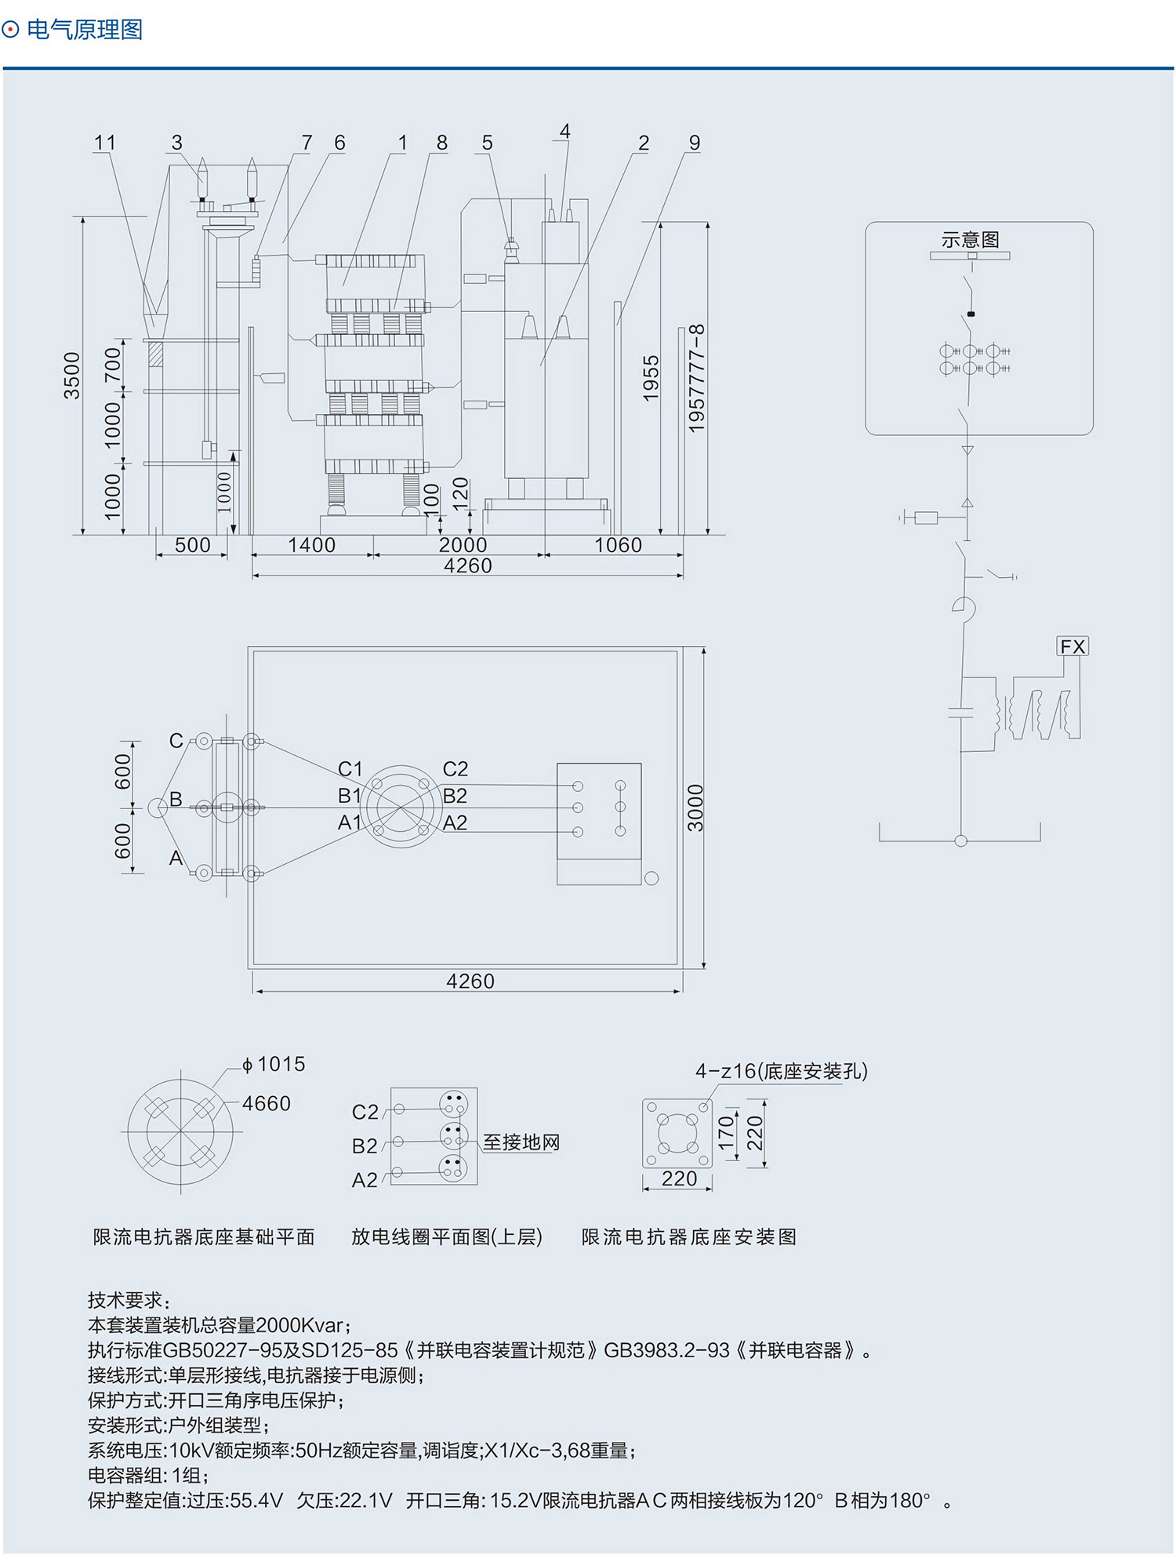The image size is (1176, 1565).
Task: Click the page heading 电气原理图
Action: pyautogui.click(x=84, y=30)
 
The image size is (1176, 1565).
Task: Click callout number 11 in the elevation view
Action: pyautogui.click(x=104, y=143)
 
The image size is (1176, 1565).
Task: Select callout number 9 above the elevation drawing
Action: pyautogui.click(x=694, y=143)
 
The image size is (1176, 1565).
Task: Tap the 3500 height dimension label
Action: pyautogui.click(x=72, y=376)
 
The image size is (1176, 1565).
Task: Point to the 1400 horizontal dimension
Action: pyautogui.click(x=311, y=545)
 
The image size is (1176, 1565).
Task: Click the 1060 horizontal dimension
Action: pyautogui.click(x=618, y=545)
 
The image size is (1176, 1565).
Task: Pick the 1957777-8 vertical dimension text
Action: pyautogui.click(x=696, y=378)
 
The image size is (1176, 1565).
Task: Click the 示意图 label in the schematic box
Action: pyautogui.click(x=970, y=240)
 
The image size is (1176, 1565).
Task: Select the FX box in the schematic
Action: pyautogui.click(x=1073, y=646)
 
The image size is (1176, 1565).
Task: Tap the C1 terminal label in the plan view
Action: pyautogui.click(x=350, y=768)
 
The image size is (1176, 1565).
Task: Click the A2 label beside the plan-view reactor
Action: pyautogui.click(x=455, y=822)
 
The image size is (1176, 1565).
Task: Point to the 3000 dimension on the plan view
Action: pyautogui.click(x=695, y=808)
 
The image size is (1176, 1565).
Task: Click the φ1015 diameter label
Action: pyautogui.click(x=274, y=1064)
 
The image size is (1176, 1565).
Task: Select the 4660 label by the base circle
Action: pyautogui.click(x=267, y=1103)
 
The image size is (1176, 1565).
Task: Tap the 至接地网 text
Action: pyautogui.click(x=521, y=1142)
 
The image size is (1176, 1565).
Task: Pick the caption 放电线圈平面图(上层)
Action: pyautogui.click(x=446, y=1236)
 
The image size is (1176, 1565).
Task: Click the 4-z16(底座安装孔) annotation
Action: pyautogui.click(x=781, y=1071)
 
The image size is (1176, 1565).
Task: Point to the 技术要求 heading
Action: pyautogui.click(x=128, y=1300)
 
